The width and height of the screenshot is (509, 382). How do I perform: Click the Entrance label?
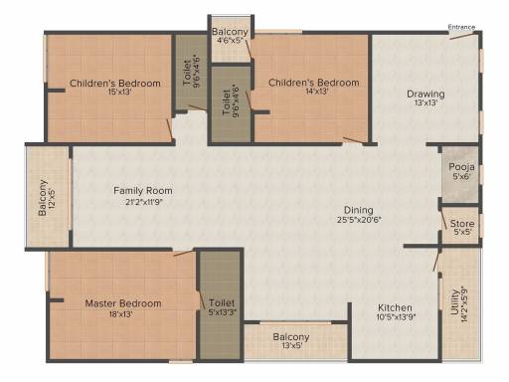coord(461,27)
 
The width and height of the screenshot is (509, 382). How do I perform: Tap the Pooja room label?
coord(461,167)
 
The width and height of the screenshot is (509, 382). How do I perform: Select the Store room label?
coord(462,224)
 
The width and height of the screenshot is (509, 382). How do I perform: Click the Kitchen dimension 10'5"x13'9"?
coord(396,317)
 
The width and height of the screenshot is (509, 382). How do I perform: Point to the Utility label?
coord(454,302)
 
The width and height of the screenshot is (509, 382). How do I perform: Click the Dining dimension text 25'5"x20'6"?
coord(359,219)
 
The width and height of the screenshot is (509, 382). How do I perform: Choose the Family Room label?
coord(143,191)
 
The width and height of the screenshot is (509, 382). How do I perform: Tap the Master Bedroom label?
coord(123,303)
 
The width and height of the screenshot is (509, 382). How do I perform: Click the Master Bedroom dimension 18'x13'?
coord(121,313)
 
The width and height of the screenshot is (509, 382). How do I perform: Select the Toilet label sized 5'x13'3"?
coord(222,303)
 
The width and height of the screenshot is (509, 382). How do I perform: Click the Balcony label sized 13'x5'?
coord(291,337)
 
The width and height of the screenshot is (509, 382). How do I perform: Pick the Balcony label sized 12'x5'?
coord(43,198)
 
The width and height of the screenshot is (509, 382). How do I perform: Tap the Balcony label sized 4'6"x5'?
coord(230,32)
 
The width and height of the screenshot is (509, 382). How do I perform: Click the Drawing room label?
coord(425,95)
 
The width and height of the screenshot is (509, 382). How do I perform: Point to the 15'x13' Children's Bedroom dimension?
coord(120,92)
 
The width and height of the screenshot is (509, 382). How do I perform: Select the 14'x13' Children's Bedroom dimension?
coord(316,92)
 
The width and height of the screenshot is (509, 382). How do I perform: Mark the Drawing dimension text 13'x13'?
coord(425,102)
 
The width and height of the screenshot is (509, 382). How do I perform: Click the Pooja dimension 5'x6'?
coord(461,176)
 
